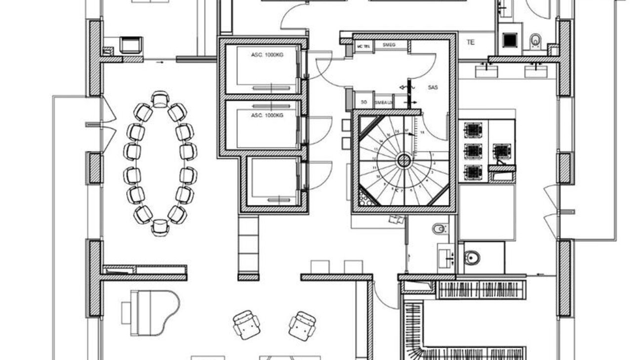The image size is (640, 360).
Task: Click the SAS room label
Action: tap(433, 87)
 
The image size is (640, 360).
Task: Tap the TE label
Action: tap(471, 42)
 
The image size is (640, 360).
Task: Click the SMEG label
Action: tap(390, 45)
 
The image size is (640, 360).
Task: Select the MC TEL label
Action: tap(363, 46)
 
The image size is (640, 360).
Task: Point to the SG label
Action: tap(364, 102)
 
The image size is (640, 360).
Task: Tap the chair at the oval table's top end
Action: tap(160, 99)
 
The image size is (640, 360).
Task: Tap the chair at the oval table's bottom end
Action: tap(160, 227)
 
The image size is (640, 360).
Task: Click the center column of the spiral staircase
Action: tap(404, 160)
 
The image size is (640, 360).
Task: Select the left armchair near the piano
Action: tap(246, 324)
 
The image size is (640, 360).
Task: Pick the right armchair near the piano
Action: tap(303, 325)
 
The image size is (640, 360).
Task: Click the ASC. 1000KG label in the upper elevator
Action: tap(267, 54)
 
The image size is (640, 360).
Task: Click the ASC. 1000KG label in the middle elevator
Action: tap(267, 115)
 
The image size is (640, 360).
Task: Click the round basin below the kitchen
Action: tap(472, 257)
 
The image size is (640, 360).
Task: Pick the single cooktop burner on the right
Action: tap(501, 151)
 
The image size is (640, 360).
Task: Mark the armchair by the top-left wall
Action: tap(131, 44)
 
